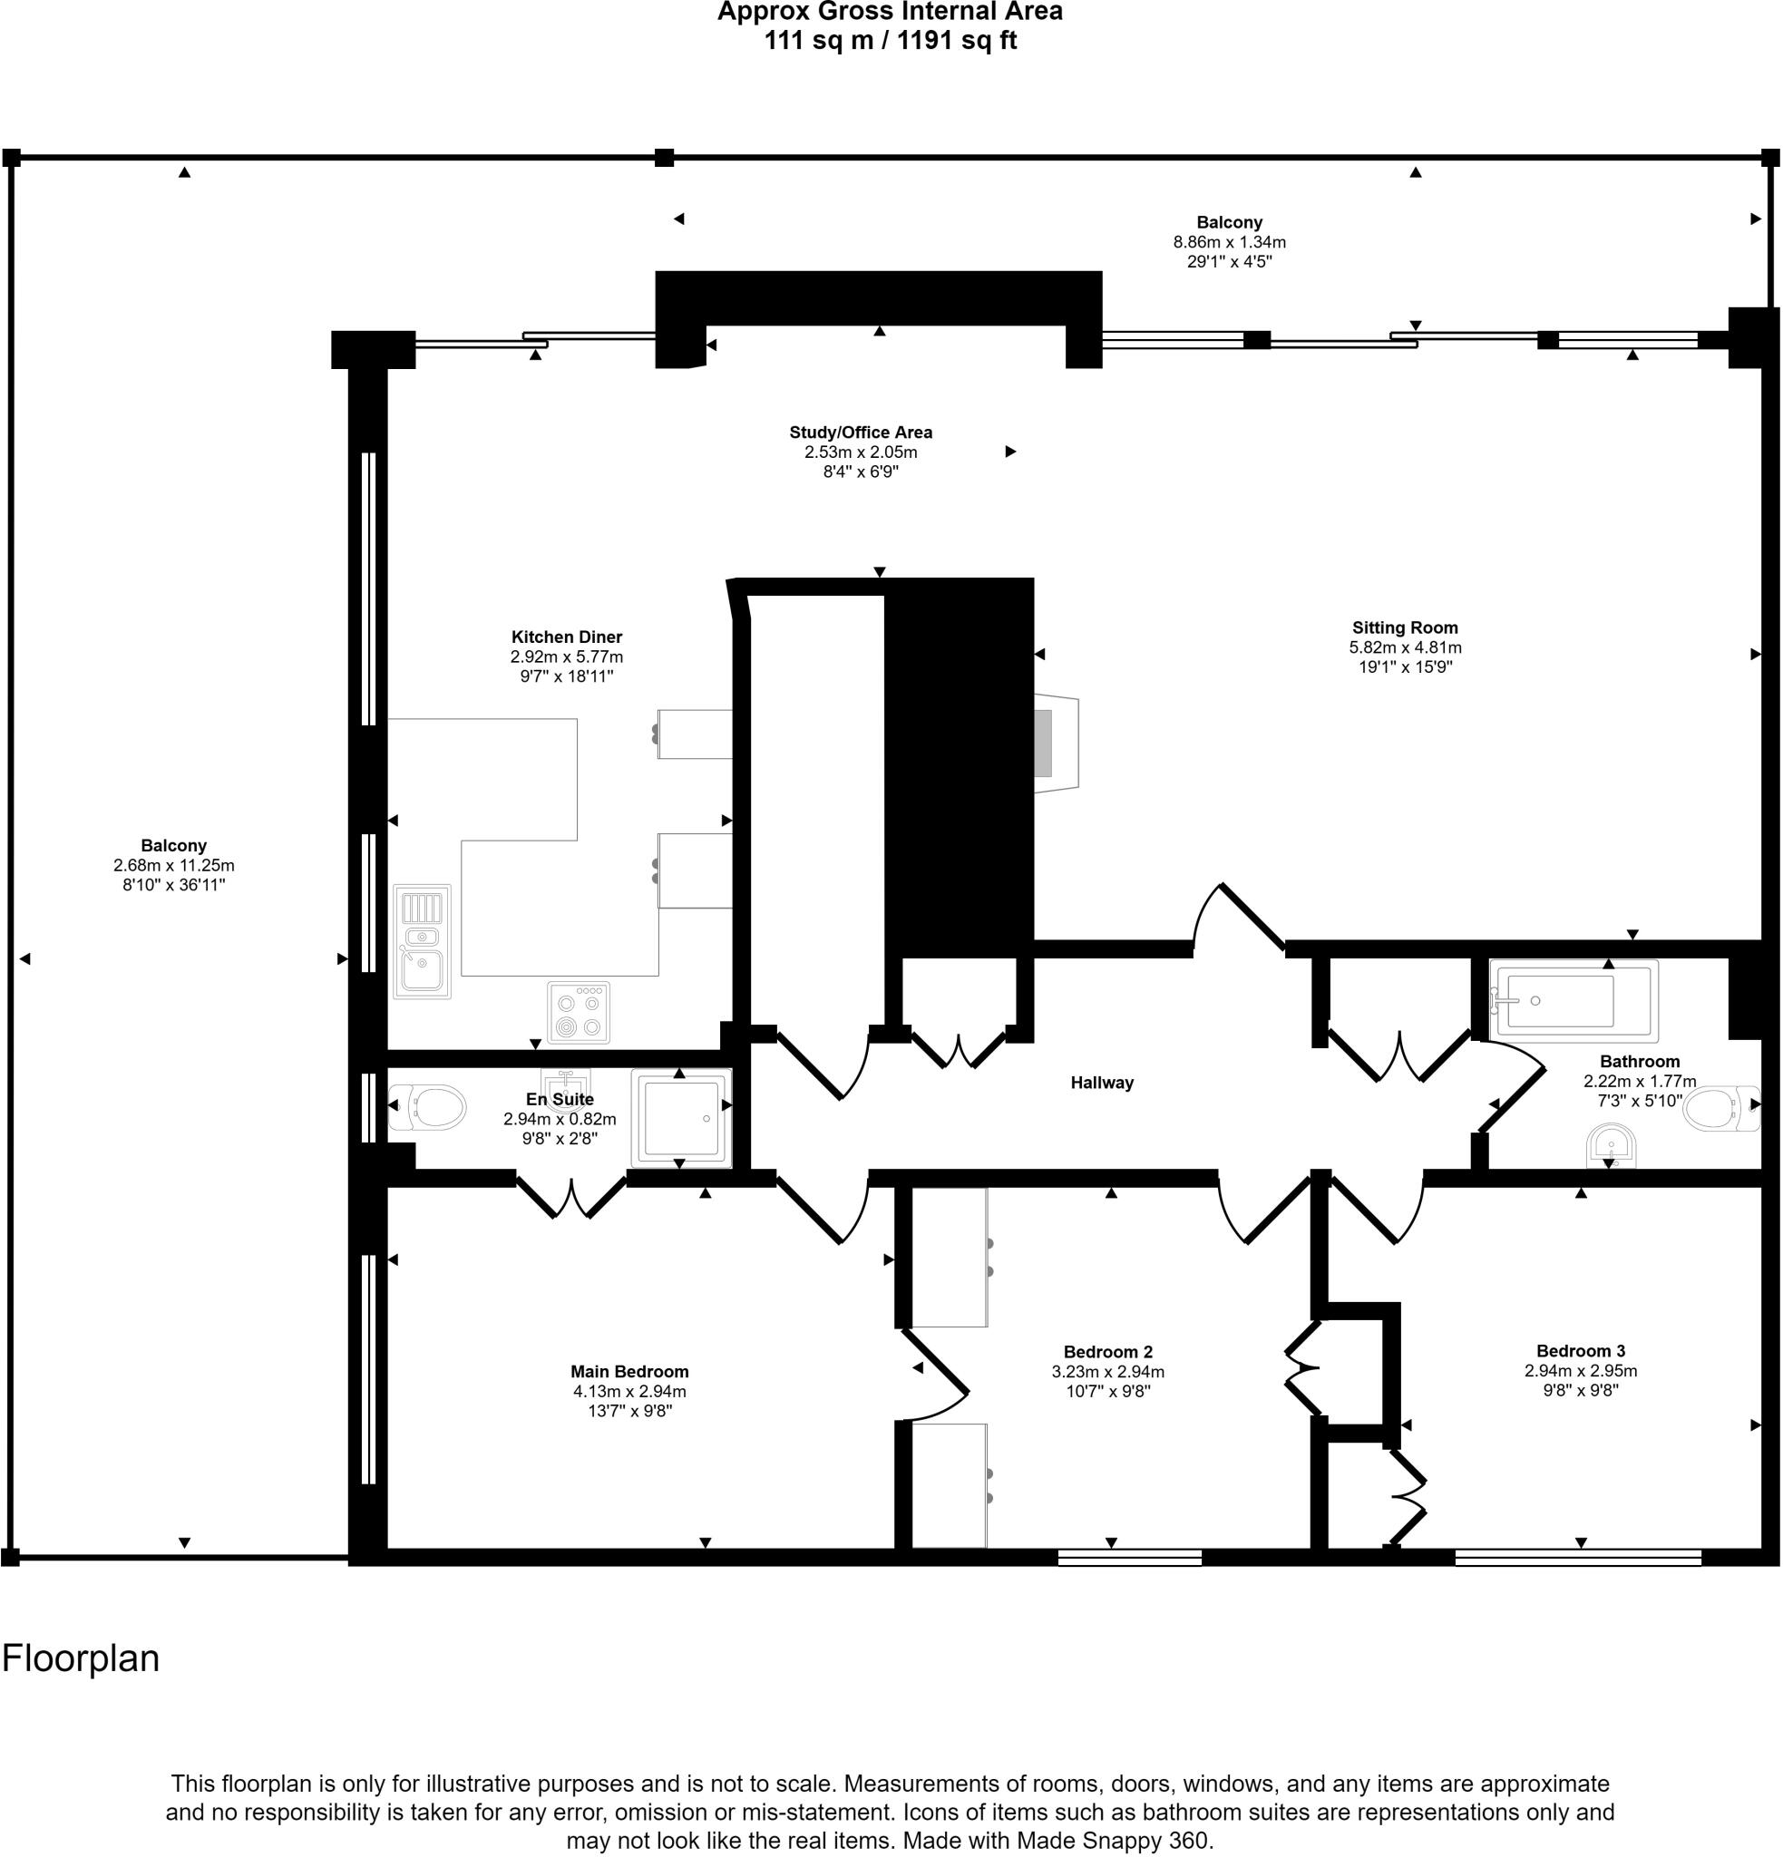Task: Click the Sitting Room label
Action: click(1404, 627)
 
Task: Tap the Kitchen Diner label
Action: click(567, 637)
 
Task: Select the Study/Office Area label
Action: click(861, 432)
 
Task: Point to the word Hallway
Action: click(1101, 1082)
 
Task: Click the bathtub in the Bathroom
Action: click(1573, 1000)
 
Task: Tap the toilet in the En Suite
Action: click(429, 1105)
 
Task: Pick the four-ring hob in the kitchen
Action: click(578, 1013)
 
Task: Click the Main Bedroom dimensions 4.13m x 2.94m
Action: click(629, 1392)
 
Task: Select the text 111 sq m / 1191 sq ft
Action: click(890, 41)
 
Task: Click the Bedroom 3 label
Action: click(1580, 1351)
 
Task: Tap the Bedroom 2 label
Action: click(1107, 1352)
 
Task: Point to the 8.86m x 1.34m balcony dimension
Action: click(1229, 241)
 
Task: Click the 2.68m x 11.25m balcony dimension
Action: click(173, 865)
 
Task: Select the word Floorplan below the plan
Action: click(81, 1659)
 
